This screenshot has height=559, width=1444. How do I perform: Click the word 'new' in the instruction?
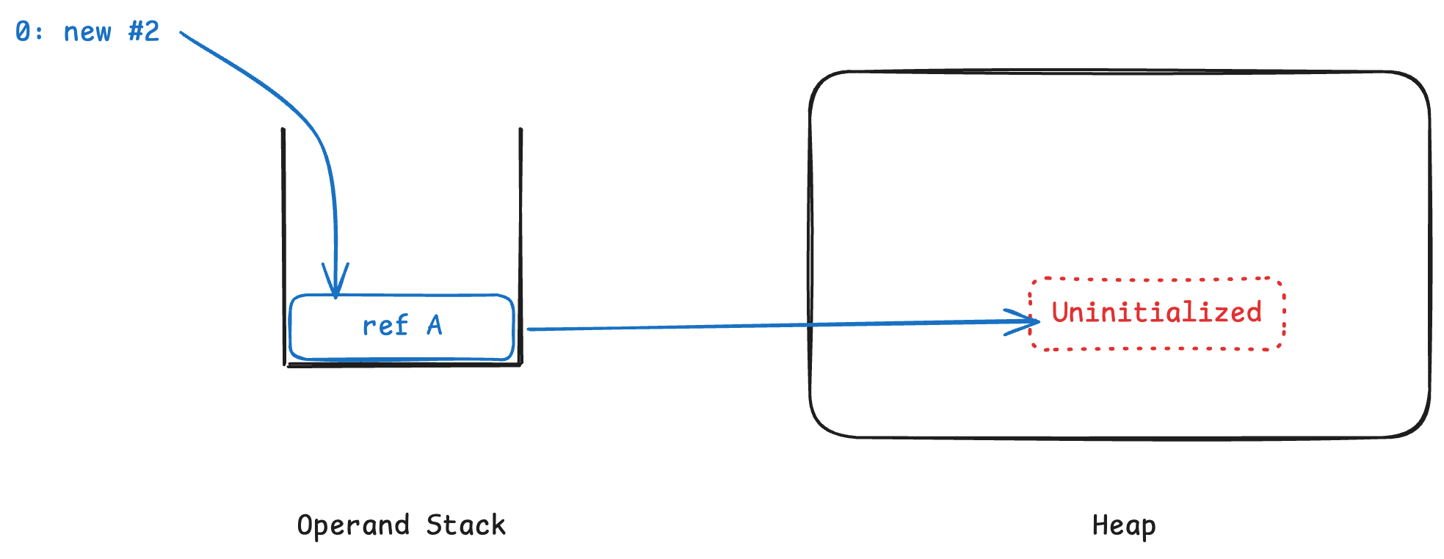[87, 32]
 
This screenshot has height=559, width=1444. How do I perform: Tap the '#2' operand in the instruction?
[144, 32]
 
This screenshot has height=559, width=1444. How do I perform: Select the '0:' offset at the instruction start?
[29, 32]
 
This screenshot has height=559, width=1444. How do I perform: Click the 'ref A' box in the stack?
[402, 326]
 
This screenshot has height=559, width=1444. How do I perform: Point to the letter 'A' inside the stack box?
[435, 325]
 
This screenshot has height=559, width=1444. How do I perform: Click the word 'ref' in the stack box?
[385, 325]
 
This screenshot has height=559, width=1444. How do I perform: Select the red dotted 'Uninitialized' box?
[1157, 313]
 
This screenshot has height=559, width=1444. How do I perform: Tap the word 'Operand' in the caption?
[353, 526]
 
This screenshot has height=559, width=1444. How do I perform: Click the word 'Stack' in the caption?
[465, 525]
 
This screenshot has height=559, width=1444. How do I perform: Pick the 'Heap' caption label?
[1124, 526]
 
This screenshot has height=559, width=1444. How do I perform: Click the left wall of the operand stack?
[283, 242]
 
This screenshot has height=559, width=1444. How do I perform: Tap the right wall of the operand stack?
[520, 242]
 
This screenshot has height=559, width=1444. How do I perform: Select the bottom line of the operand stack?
[404, 365]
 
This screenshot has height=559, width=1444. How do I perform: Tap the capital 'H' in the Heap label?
[1100, 525]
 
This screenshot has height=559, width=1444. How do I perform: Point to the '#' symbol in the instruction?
[136, 32]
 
